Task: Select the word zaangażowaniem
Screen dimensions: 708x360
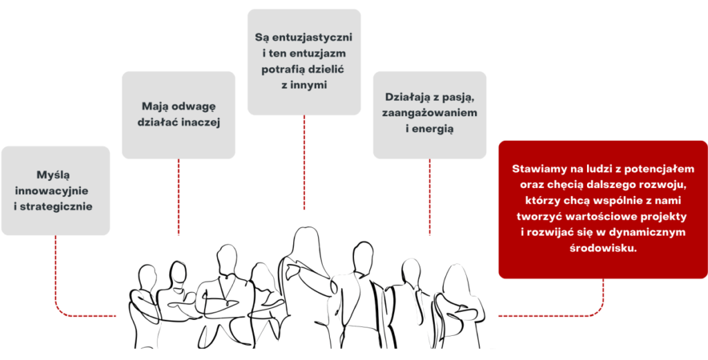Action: pyautogui.click(x=429, y=113)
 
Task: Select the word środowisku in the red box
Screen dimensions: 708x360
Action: pyautogui.click(x=603, y=248)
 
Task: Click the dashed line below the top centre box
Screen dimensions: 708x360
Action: pyautogui.click(x=304, y=162)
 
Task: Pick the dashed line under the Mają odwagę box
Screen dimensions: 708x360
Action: pyautogui.click(x=179, y=197)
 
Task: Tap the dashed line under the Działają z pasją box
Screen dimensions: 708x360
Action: pyautogui.click(x=429, y=197)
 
